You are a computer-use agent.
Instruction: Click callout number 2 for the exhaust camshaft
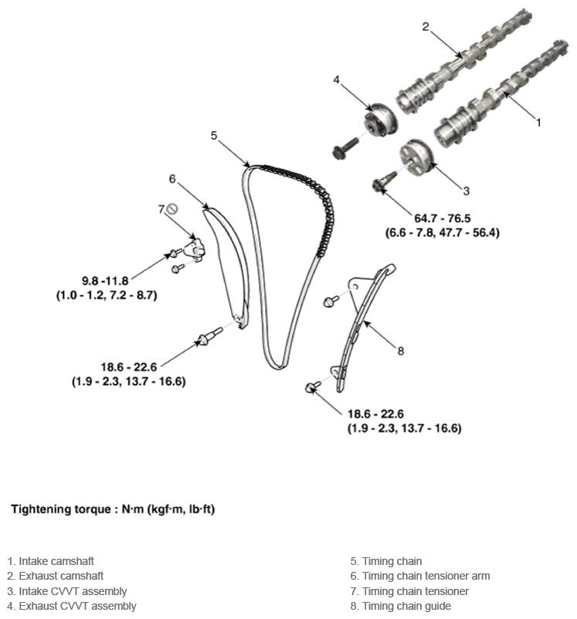tap(426, 26)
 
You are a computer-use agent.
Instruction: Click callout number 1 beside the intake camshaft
tap(538, 121)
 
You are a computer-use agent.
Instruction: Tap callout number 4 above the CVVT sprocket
tap(337, 79)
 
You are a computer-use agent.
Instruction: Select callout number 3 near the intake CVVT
tap(466, 190)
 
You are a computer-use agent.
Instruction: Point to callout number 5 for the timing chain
tap(214, 135)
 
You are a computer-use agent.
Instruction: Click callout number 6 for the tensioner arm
tap(172, 179)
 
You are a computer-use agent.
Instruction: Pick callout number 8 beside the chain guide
tap(400, 350)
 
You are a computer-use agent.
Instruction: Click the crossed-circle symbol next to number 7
tap(173, 208)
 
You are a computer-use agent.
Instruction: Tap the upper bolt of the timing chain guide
tap(330, 300)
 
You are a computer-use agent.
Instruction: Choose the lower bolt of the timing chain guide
tap(313, 387)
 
